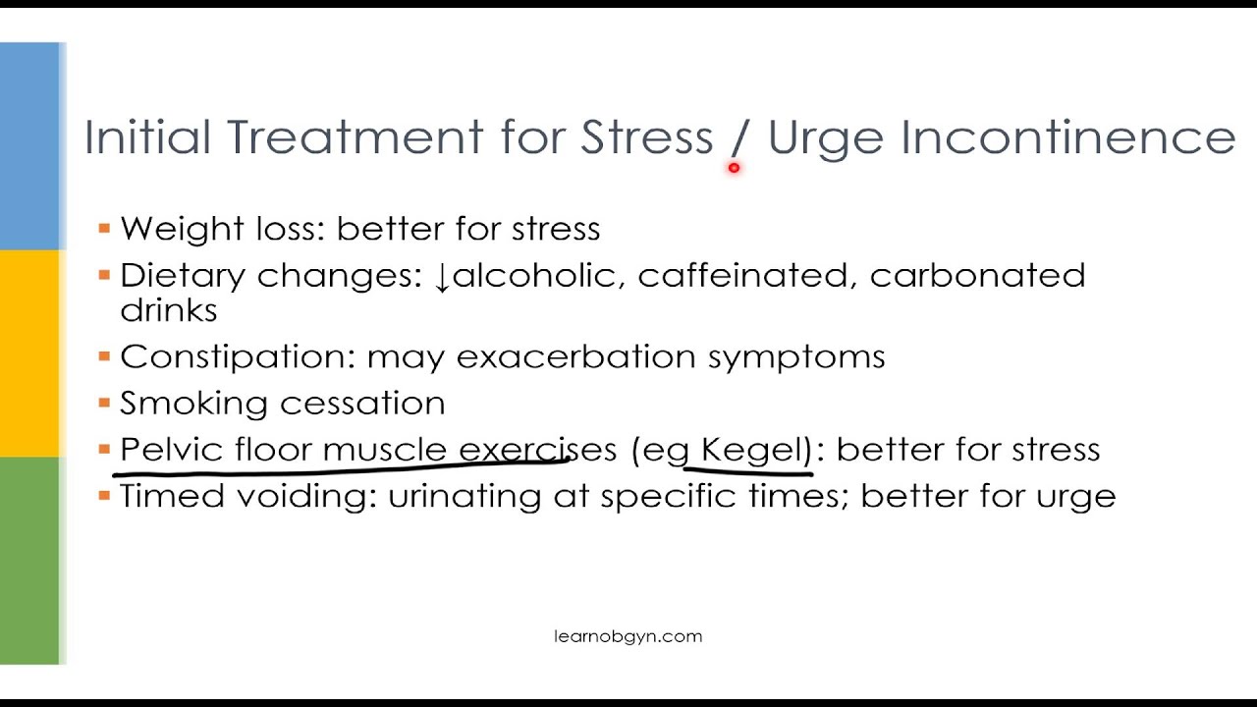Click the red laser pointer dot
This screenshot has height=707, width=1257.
point(734,168)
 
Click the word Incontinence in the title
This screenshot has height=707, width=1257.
point(1067,137)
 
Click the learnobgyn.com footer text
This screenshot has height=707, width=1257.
point(628,636)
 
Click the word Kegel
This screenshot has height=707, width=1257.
point(752,450)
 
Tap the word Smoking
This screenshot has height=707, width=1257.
point(183,403)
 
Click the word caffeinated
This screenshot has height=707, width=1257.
point(744,276)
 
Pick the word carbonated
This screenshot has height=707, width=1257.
point(977,276)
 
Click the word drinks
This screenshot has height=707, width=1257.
point(168,310)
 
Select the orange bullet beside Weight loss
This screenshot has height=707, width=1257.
point(104,229)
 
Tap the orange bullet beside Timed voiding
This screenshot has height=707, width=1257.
point(104,496)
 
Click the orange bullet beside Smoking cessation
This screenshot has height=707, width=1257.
point(104,403)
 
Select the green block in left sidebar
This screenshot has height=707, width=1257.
point(29,560)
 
